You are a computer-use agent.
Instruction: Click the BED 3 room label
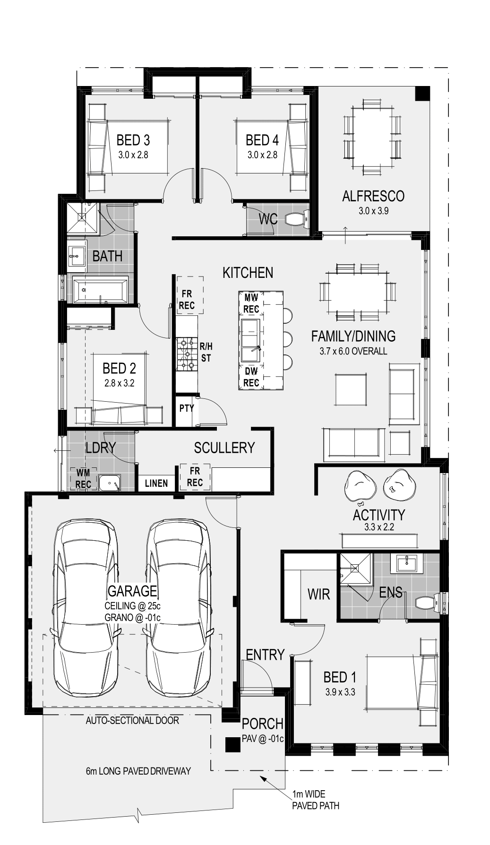click(133, 140)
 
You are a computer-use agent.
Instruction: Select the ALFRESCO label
click(373, 196)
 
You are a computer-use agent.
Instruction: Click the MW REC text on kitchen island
click(251, 303)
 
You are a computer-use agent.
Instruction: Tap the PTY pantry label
click(187, 408)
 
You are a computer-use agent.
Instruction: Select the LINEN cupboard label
click(156, 483)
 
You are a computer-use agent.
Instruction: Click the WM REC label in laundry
click(84, 479)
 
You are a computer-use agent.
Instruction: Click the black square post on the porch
click(232, 745)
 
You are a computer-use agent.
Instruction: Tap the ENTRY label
click(265, 655)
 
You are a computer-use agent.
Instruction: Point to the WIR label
click(318, 594)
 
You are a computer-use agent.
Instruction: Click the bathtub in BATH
click(100, 289)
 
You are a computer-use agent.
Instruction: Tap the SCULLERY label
click(224, 448)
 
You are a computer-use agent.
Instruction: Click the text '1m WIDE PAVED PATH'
click(316, 800)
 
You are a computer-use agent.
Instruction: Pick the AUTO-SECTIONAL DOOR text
click(132, 720)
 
